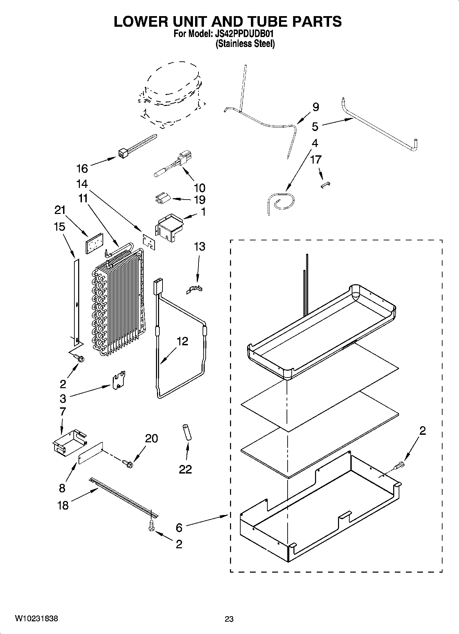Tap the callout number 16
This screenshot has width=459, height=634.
coord(82,168)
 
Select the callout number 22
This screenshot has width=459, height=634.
coord(185,469)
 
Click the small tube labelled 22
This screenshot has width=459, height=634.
coord(186,432)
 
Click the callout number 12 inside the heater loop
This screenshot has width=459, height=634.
coord(182,341)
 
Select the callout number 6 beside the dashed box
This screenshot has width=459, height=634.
coord(179,527)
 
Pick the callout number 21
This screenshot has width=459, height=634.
coord(60,210)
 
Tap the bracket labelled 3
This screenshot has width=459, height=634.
coord(119,380)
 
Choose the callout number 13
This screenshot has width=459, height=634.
coord(200,246)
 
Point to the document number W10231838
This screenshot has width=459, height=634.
coord(36,619)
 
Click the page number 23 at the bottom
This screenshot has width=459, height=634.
coord(229,619)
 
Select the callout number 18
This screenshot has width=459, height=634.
coord(63,505)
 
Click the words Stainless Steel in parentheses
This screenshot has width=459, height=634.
coord(245,44)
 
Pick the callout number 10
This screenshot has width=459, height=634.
coord(200,188)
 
